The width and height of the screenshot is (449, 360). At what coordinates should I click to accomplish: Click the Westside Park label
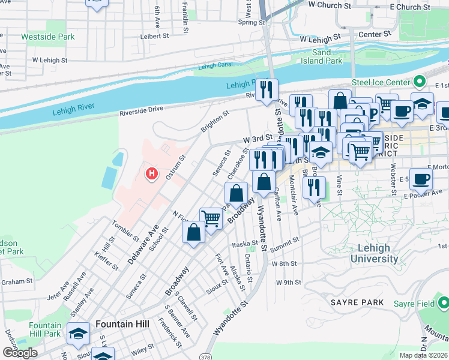[48, 37]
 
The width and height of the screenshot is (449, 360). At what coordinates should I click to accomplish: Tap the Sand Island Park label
[327, 56]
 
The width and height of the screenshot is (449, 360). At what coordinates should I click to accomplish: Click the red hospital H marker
[152, 174]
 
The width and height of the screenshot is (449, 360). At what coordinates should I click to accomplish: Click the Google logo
[20, 353]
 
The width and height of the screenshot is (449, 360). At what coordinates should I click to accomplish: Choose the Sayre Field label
[414, 304]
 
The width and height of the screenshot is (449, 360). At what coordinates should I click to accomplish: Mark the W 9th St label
[288, 282]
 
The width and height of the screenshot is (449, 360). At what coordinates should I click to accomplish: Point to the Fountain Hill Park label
[45, 329]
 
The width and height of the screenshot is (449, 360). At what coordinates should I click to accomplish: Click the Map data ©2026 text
[424, 355]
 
